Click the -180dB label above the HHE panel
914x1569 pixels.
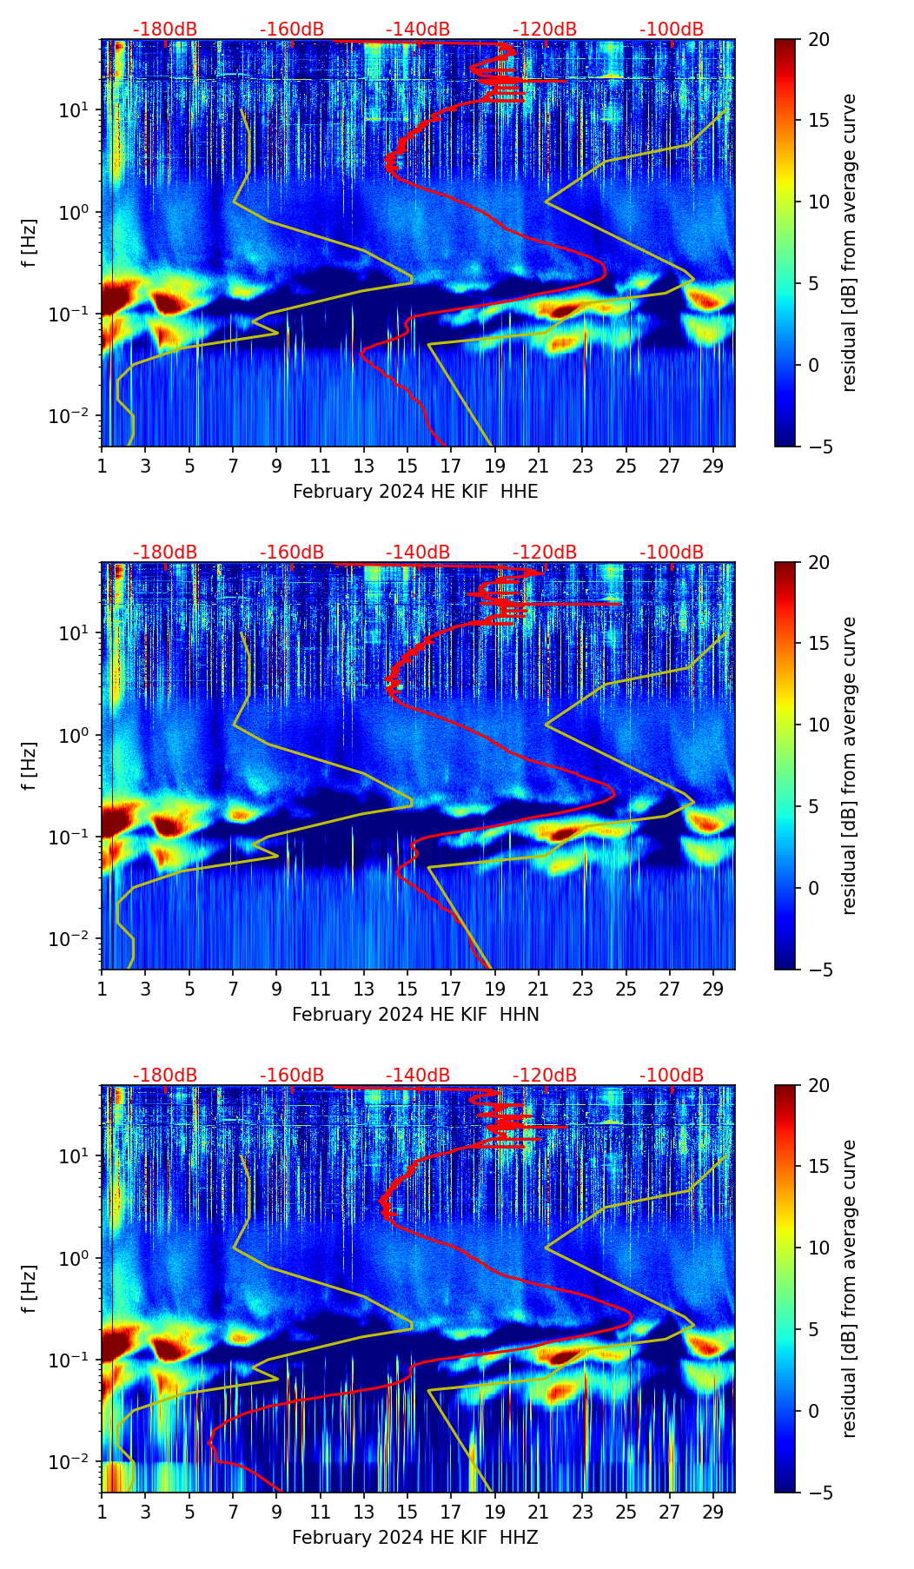point(165,30)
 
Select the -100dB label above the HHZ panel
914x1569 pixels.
point(672,1076)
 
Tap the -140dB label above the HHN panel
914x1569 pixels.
point(418,553)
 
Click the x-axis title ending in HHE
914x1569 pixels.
point(415,492)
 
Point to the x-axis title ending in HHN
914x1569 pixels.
point(415,1015)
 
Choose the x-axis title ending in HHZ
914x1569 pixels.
point(415,1538)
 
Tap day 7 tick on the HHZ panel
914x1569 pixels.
point(233,1512)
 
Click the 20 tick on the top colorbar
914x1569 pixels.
point(818,39)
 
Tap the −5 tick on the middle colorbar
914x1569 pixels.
point(817,970)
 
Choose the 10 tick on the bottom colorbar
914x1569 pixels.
point(818,1248)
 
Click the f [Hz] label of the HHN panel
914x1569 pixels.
point(30,765)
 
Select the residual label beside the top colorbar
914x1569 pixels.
point(849,242)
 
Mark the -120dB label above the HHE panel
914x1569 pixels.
point(545,30)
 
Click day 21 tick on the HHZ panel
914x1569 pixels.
point(539,1512)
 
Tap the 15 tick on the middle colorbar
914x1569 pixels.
point(818,644)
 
